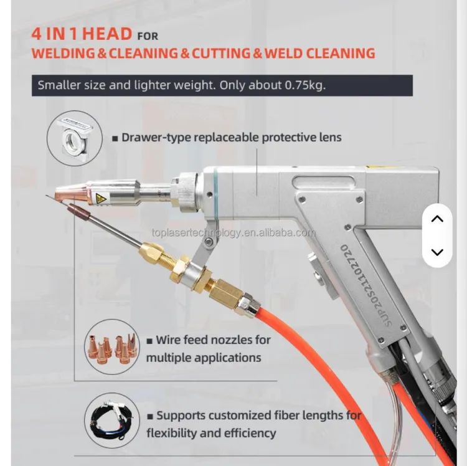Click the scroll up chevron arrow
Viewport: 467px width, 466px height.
pos(437,219)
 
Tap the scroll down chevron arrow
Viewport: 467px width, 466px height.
pos(437,252)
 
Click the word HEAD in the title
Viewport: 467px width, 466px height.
pos(107,34)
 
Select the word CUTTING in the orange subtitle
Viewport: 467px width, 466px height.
pos(221,54)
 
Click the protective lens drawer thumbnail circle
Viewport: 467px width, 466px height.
pos(75,138)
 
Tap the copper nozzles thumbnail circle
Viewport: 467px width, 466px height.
pos(112,347)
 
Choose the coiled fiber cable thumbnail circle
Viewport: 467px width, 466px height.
pos(112,420)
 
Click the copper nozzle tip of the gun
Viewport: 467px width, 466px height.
pos(71,192)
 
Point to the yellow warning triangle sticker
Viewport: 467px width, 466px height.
pos(100,197)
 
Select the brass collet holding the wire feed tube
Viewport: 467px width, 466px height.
pos(151,249)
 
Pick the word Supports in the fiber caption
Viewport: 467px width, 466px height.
pos(181,416)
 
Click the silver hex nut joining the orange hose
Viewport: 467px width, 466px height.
pos(247,305)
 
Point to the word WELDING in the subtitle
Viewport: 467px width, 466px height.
pos(64,54)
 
